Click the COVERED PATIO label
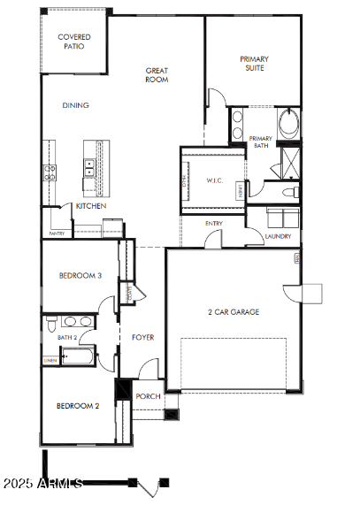(x=74, y=42)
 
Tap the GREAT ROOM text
(x=157, y=75)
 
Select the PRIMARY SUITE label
(x=255, y=64)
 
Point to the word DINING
(x=75, y=105)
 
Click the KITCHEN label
(x=91, y=206)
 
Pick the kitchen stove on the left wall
(x=50, y=172)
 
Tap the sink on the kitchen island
(x=90, y=168)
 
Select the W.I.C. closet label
(x=215, y=181)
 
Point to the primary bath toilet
(x=288, y=191)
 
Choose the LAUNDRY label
(x=278, y=236)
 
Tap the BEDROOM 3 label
(x=80, y=276)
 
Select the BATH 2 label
(x=68, y=337)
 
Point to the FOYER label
(x=143, y=337)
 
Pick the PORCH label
(x=149, y=396)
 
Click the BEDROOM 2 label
(x=78, y=406)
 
